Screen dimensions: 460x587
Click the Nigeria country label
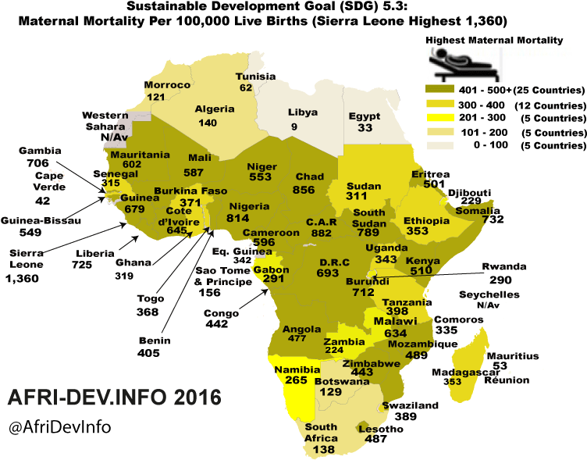tap(249, 206)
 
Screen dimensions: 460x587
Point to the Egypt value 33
tap(365, 128)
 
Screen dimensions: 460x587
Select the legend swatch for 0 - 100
tap(440, 145)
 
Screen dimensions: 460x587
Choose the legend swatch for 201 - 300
tap(440, 117)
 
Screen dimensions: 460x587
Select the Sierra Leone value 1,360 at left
tap(20, 278)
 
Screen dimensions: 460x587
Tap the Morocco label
tap(168, 85)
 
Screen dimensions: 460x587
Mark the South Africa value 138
tap(322, 450)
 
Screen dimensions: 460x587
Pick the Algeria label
tap(215, 110)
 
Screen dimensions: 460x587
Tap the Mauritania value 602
tap(132, 165)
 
